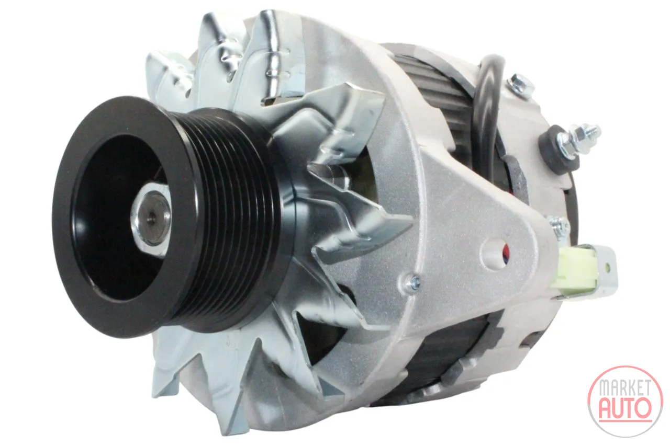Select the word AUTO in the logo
(x=625, y=408)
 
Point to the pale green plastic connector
(x=574, y=267)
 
